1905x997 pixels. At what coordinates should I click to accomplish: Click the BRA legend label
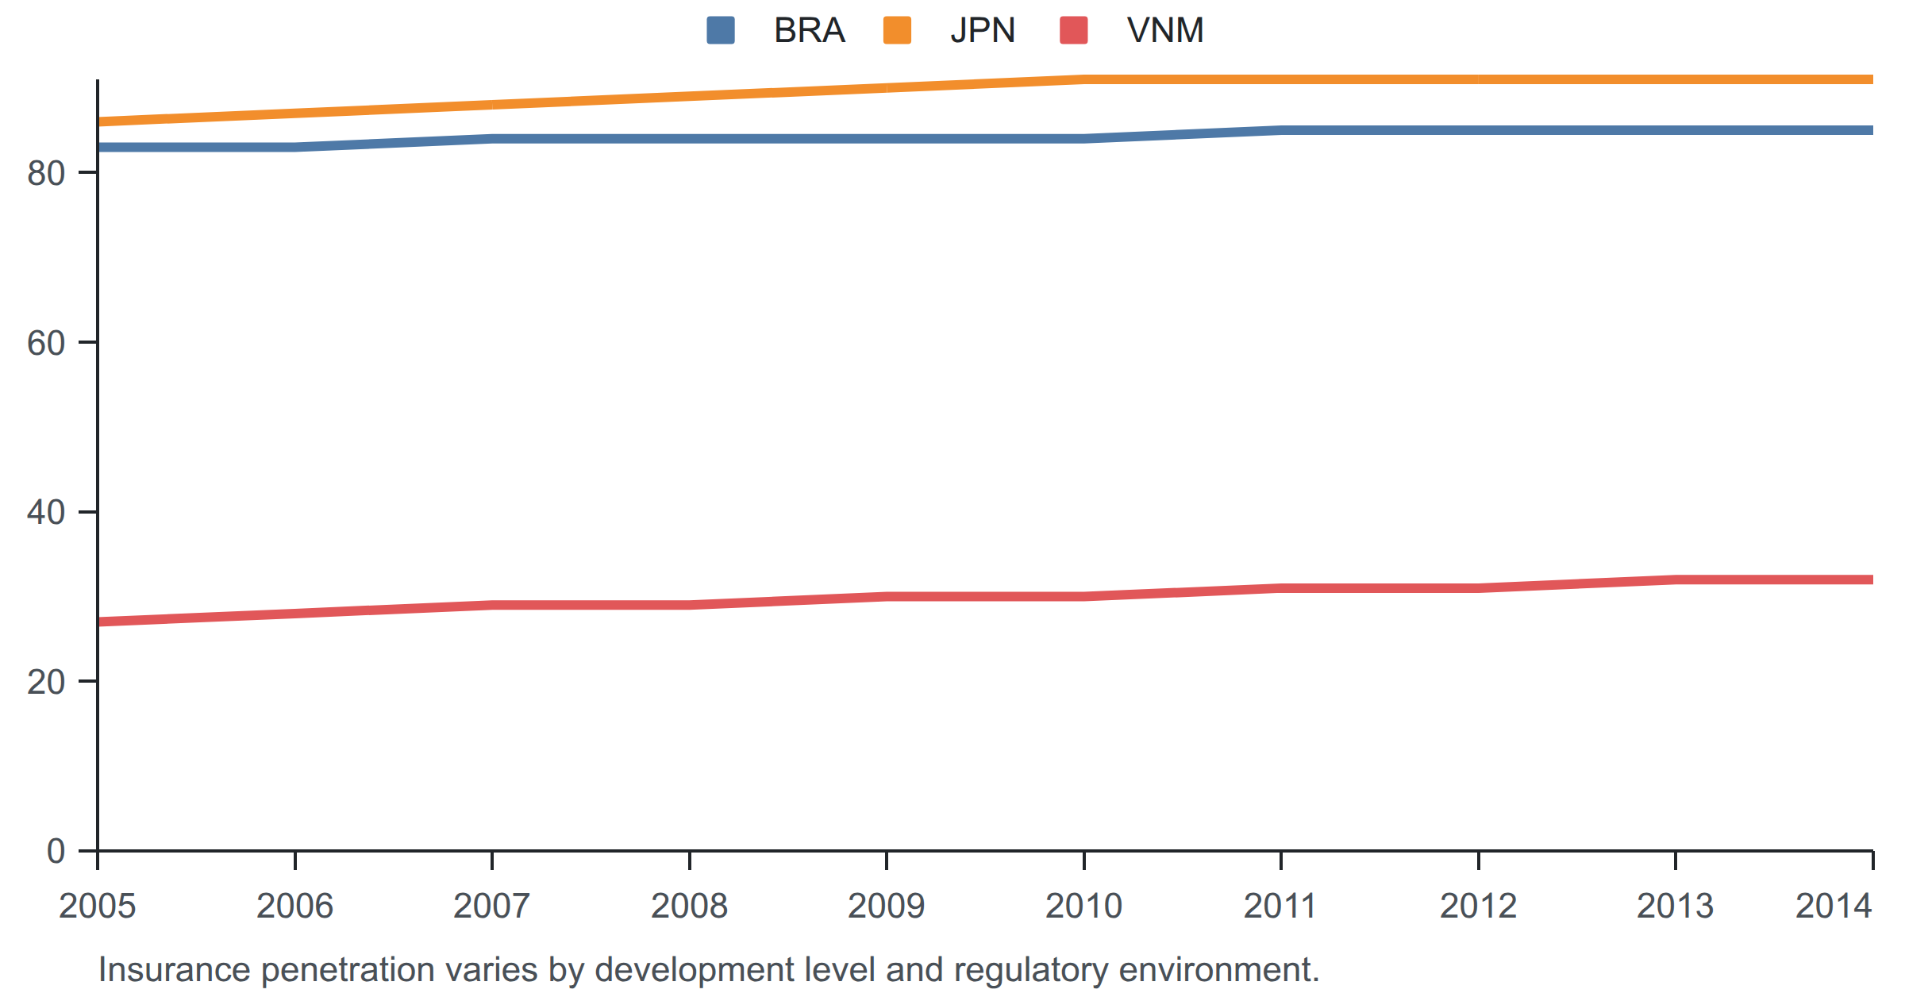[x=809, y=30]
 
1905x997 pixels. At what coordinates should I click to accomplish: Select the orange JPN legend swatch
[x=897, y=30]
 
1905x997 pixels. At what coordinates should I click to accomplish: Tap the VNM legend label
[x=1165, y=30]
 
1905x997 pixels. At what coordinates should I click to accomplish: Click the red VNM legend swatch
[x=1074, y=30]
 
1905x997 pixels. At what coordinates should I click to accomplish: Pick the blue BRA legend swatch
[x=721, y=30]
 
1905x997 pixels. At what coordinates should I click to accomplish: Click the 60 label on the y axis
[x=46, y=343]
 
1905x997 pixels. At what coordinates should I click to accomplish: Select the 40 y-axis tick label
[x=46, y=512]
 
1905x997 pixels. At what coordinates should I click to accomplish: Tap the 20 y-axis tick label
[x=46, y=682]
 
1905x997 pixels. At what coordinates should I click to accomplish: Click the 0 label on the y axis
[x=56, y=851]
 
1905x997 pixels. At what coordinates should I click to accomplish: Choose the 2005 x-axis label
[x=98, y=906]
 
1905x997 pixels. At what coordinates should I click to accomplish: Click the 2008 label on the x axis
[x=689, y=906]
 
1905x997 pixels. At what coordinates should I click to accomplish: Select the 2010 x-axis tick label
[x=1083, y=906]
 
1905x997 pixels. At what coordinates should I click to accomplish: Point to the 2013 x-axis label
[x=1676, y=906]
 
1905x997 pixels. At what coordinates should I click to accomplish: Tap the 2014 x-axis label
[x=1834, y=906]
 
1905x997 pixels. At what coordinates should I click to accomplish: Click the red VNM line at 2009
[x=887, y=596]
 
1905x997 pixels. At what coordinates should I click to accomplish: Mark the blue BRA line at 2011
[x=1281, y=130]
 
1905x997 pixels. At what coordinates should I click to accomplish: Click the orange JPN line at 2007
[x=492, y=105]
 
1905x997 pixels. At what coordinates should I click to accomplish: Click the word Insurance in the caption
[x=175, y=969]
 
